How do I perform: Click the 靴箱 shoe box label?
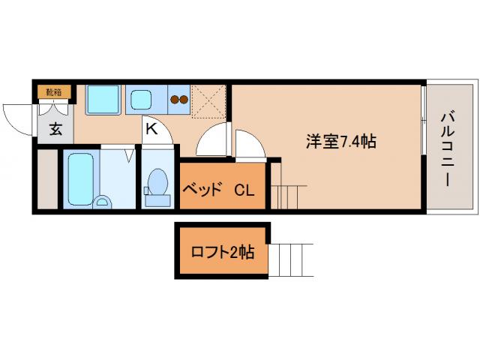point(55,92)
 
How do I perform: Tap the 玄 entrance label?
point(55,128)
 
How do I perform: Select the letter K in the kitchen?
point(151,128)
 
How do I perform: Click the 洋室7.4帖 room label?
point(340,141)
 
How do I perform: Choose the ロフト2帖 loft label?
point(223,252)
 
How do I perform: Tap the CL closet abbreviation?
point(244,189)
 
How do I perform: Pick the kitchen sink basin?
point(141,99)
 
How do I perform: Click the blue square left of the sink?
point(103,99)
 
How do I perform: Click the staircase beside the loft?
point(288,259)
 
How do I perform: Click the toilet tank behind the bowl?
point(157,199)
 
